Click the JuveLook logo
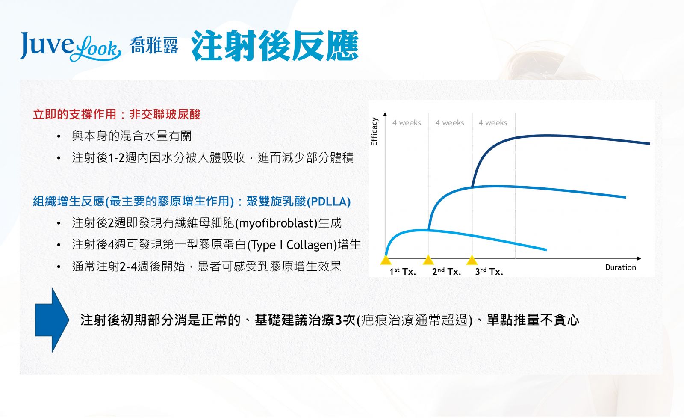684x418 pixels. [x=71, y=47]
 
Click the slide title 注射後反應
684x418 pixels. [x=275, y=45]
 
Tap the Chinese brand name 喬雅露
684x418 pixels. [x=154, y=46]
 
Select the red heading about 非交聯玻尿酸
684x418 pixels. [x=117, y=115]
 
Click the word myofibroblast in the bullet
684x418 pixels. [x=277, y=223]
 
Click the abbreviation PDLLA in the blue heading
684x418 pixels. [x=328, y=202]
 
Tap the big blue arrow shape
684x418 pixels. [x=52, y=320]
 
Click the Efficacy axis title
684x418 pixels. [x=374, y=132]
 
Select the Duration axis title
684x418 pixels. [x=620, y=267]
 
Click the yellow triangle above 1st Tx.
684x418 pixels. [x=386, y=260]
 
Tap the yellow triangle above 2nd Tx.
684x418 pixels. [x=428, y=260]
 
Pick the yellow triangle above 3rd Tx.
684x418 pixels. [x=472, y=260]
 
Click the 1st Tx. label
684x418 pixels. [x=402, y=271]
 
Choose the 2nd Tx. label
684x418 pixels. [x=446, y=271]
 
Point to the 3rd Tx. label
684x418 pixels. [x=489, y=271]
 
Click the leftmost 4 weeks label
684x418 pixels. [x=407, y=122]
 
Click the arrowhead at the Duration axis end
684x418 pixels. [x=639, y=258]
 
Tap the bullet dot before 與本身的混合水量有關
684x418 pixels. [x=59, y=136]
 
